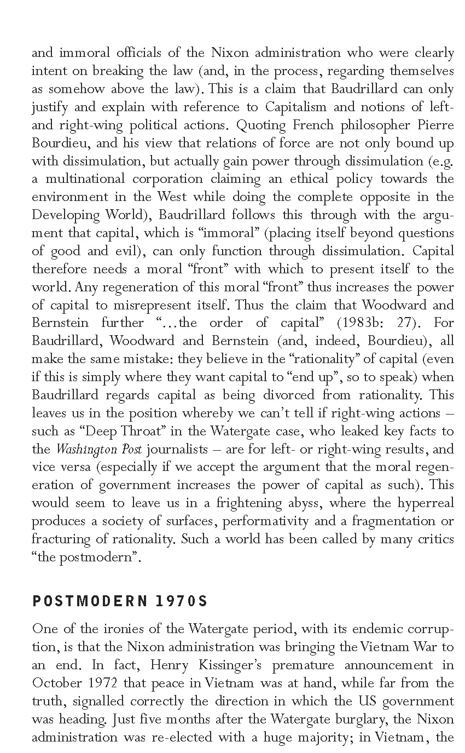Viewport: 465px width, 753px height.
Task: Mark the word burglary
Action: [x=364, y=719]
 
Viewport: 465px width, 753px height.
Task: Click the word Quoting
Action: [x=261, y=125]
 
